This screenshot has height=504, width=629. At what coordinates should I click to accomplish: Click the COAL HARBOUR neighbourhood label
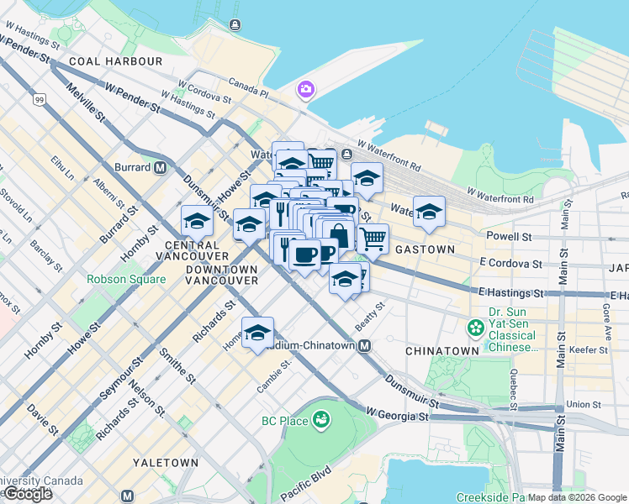pos(116,61)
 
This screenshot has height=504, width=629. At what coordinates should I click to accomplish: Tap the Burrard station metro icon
pos(160,167)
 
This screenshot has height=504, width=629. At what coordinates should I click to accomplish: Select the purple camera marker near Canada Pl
pos(305,88)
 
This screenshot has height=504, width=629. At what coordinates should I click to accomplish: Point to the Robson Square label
pos(124,279)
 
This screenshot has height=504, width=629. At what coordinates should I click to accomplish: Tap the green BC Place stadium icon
pos(320,418)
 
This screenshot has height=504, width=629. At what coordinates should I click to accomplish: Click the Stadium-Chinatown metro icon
pos(365,346)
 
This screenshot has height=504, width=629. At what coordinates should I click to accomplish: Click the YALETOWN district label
pos(166,463)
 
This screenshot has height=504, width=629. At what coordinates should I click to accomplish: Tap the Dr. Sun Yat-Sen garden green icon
pos(476,325)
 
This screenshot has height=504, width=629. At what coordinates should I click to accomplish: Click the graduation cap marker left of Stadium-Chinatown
pos(257,331)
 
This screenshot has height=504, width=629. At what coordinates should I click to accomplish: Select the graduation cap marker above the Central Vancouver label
pos(197,220)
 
